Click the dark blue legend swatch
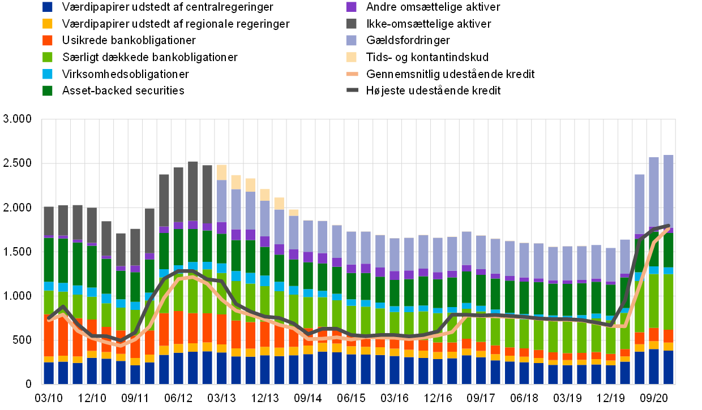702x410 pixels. pos(48,7)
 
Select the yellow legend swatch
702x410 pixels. pos(48,24)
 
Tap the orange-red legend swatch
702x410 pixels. pos(48,40)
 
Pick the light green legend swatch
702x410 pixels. pos(48,57)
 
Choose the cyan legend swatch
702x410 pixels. pos(48,74)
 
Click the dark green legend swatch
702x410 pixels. pos(48,90)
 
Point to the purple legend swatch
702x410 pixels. pos(351,7)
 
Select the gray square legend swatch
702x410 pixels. pos(351,24)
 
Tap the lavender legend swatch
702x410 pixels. pos(351,40)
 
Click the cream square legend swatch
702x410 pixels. pos(351,57)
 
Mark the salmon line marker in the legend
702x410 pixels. pos(352,74)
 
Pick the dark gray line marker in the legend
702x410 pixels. pos(352,90)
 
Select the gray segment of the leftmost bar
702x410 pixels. pos(49,221)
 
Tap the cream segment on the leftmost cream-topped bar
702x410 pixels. pos(222,172)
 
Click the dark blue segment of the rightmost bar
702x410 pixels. pos(669,368)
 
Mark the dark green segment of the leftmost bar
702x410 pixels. pos(49,260)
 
